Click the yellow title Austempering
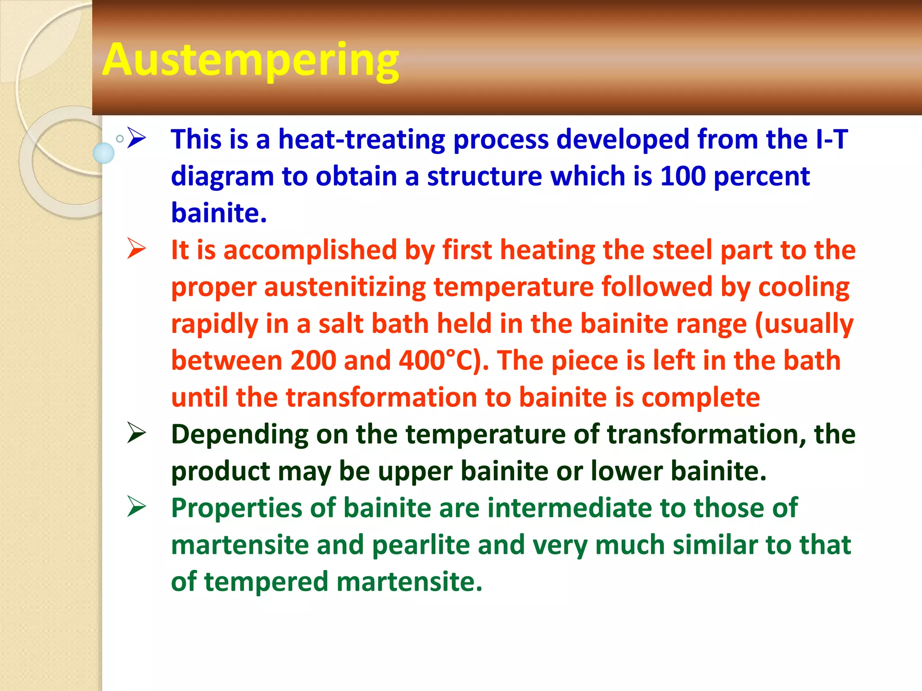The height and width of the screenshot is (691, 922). coord(250,60)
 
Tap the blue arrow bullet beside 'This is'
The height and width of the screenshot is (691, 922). coord(136,138)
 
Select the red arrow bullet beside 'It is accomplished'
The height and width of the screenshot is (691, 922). coord(136,248)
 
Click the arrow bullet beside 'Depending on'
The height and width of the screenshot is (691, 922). coord(136,433)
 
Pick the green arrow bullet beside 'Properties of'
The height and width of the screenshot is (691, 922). coord(136,507)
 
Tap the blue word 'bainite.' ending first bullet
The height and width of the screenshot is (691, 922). coord(219,213)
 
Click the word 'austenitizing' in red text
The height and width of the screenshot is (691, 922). coord(345,287)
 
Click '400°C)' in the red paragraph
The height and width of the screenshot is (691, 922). coord(443,361)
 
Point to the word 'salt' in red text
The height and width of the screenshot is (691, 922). coord(341,324)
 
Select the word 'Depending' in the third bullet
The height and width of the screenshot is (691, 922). coord(240,435)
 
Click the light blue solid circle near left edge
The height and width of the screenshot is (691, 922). coord(104,153)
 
